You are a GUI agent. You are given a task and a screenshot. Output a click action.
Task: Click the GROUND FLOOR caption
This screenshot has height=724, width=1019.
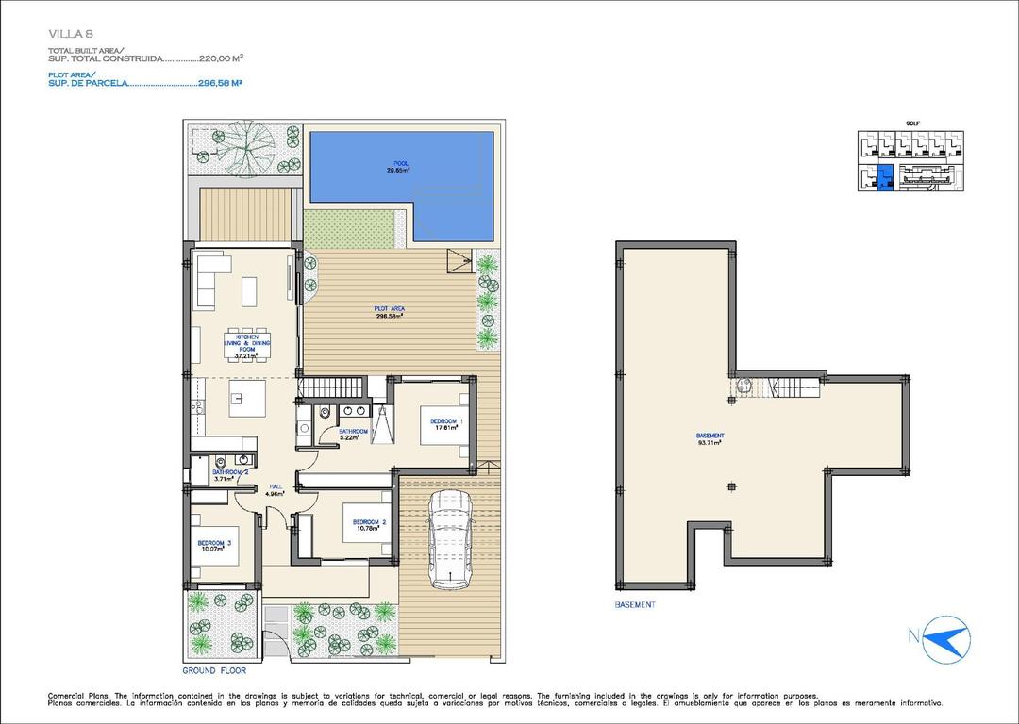[x=214, y=671]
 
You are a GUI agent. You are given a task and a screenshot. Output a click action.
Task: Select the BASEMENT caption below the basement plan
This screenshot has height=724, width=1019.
[x=634, y=605]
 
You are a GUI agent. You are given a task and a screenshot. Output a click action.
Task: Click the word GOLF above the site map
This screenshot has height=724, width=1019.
[x=911, y=123]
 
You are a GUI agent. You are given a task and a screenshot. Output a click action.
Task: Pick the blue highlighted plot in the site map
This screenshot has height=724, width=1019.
[x=884, y=177]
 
